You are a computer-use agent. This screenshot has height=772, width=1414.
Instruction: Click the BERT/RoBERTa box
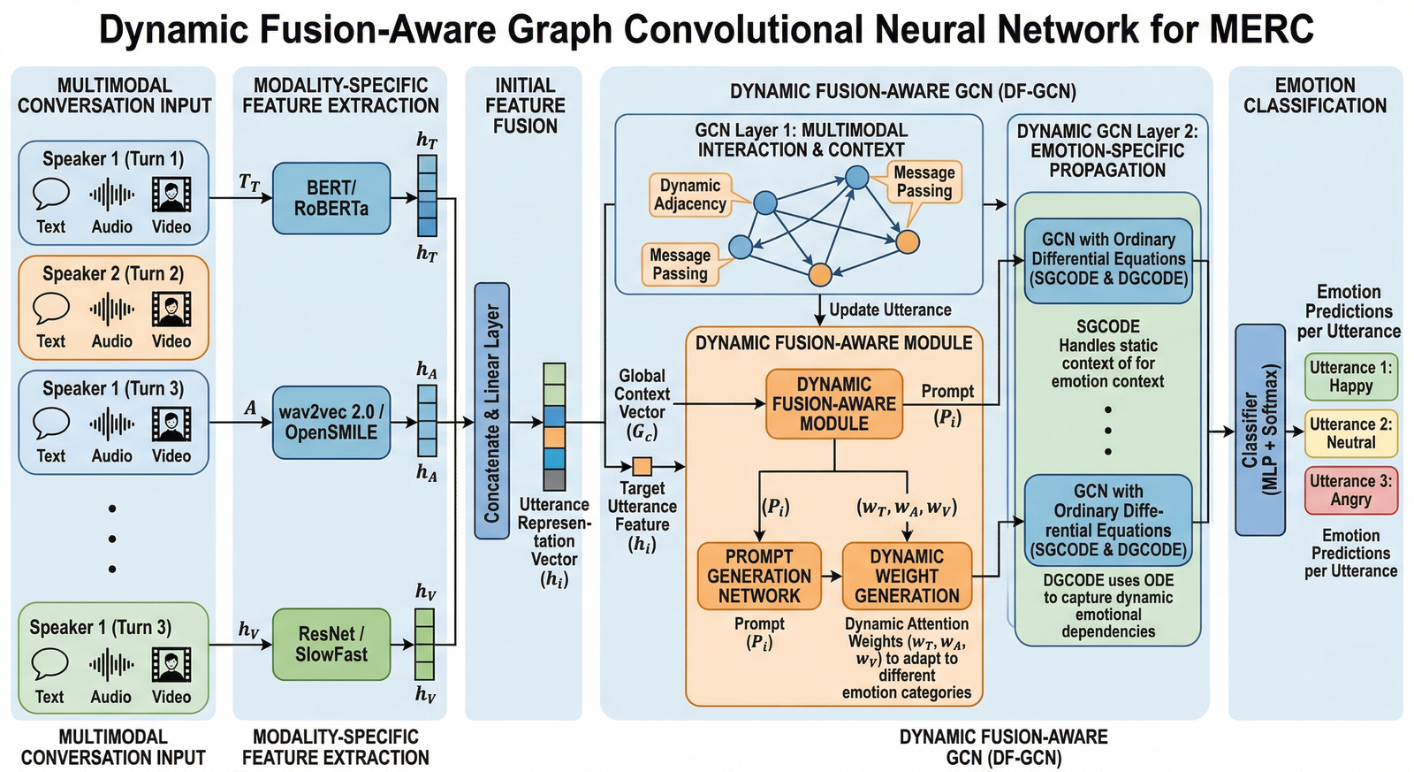[331, 198]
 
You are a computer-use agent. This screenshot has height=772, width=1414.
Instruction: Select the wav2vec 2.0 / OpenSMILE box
[331, 423]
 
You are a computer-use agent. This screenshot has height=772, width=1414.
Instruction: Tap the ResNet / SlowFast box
[331, 644]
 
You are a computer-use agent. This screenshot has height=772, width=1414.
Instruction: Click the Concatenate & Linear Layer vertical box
[491, 411]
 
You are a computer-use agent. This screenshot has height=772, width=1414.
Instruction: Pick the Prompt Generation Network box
[759, 577]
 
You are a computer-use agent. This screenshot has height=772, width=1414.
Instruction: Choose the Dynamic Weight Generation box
[907, 577]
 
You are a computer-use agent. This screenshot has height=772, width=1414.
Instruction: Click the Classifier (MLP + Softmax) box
[1259, 429]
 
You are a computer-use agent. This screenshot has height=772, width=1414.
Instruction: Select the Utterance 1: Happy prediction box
[1350, 377]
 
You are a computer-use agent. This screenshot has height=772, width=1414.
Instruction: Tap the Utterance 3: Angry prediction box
[1350, 490]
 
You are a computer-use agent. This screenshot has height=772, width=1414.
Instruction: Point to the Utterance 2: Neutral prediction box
[1350, 433]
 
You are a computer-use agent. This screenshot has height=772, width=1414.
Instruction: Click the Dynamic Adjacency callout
[689, 195]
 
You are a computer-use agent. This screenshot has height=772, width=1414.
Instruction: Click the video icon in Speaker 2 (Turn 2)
[171, 309]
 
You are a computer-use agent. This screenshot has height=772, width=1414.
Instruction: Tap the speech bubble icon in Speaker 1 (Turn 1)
[51, 194]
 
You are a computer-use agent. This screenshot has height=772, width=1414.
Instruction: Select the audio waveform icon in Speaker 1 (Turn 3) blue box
[111, 424]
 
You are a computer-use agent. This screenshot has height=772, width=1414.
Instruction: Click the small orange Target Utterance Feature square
[642, 466]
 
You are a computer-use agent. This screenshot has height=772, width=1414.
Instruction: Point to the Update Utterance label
[890, 310]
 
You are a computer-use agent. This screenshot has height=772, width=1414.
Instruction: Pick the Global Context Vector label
[642, 403]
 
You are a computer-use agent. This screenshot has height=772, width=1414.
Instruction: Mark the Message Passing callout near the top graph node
[924, 182]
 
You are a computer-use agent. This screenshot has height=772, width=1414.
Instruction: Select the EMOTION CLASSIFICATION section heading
[1314, 96]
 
